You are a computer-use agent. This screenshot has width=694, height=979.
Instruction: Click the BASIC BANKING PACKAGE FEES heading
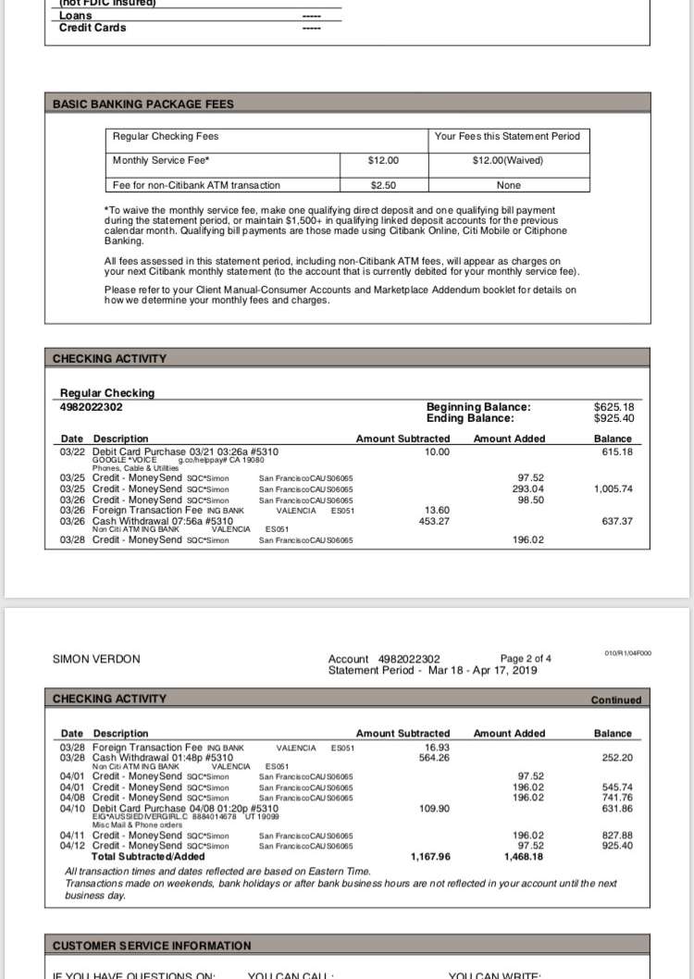click(143, 105)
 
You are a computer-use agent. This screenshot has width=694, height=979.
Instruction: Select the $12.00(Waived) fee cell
click(508, 160)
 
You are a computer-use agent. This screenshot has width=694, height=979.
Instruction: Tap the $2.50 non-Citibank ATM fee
click(382, 185)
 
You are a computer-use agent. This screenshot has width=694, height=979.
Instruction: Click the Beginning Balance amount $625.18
click(620, 407)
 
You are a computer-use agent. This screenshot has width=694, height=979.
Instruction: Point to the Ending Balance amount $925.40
click(620, 418)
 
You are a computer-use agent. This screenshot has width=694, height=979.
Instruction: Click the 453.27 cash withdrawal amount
click(432, 521)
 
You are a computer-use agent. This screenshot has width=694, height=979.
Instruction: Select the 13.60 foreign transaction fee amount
click(436, 510)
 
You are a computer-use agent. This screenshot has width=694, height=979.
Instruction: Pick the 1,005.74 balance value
click(613, 489)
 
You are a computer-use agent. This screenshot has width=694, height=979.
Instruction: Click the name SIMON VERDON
click(97, 660)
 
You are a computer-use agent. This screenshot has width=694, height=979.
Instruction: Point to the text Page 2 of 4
click(526, 659)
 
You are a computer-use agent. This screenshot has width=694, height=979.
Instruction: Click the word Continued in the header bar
click(616, 700)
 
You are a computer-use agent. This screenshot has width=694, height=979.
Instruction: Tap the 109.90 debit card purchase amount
click(433, 808)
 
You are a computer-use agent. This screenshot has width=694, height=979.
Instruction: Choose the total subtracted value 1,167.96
click(430, 857)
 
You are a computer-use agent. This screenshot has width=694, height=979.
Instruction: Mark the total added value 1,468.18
click(525, 857)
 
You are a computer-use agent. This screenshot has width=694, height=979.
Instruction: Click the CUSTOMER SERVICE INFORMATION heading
click(152, 946)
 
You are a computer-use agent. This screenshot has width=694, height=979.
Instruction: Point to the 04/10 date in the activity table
click(72, 808)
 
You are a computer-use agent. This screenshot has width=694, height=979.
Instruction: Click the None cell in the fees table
click(508, 185)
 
